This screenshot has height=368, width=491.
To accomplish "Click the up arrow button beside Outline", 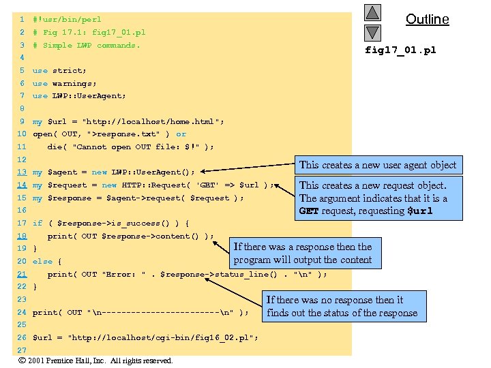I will click(372, 12).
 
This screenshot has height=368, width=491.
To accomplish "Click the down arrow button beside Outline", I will click(372, 32).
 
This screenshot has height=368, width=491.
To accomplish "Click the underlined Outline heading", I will click(427, 19).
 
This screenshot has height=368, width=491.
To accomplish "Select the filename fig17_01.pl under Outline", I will click(400, 50).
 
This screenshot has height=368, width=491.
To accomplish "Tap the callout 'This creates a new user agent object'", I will click(377, 165).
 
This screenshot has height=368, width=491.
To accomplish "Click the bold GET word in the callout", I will click(308, 211).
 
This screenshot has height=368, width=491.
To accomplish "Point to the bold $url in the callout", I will click(419, 211).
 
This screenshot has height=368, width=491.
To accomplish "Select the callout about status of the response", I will click(342, 306).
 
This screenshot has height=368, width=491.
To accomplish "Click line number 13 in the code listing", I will click(22, 172).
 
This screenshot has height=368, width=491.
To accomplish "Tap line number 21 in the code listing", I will click(22, 274).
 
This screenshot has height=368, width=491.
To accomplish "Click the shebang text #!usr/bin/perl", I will click(67, 19).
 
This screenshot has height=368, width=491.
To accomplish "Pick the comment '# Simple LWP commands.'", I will click(86, 45).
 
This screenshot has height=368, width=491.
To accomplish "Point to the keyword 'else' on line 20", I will click(42, 261).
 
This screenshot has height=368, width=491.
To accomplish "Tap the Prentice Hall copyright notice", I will click(95, 361).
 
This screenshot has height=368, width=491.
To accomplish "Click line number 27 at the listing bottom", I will click(22, 350).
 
